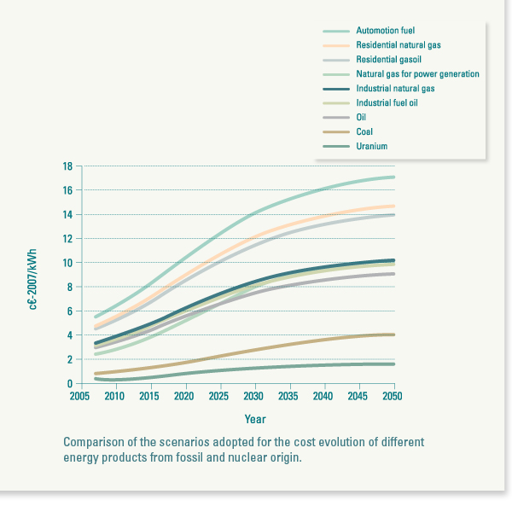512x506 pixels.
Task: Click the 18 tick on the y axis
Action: tap(67, 166)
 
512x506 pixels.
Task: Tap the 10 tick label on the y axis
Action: tap(67, 263)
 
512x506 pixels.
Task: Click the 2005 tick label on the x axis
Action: tap(80, 397)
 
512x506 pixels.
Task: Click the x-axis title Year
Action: tap(254, 419)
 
